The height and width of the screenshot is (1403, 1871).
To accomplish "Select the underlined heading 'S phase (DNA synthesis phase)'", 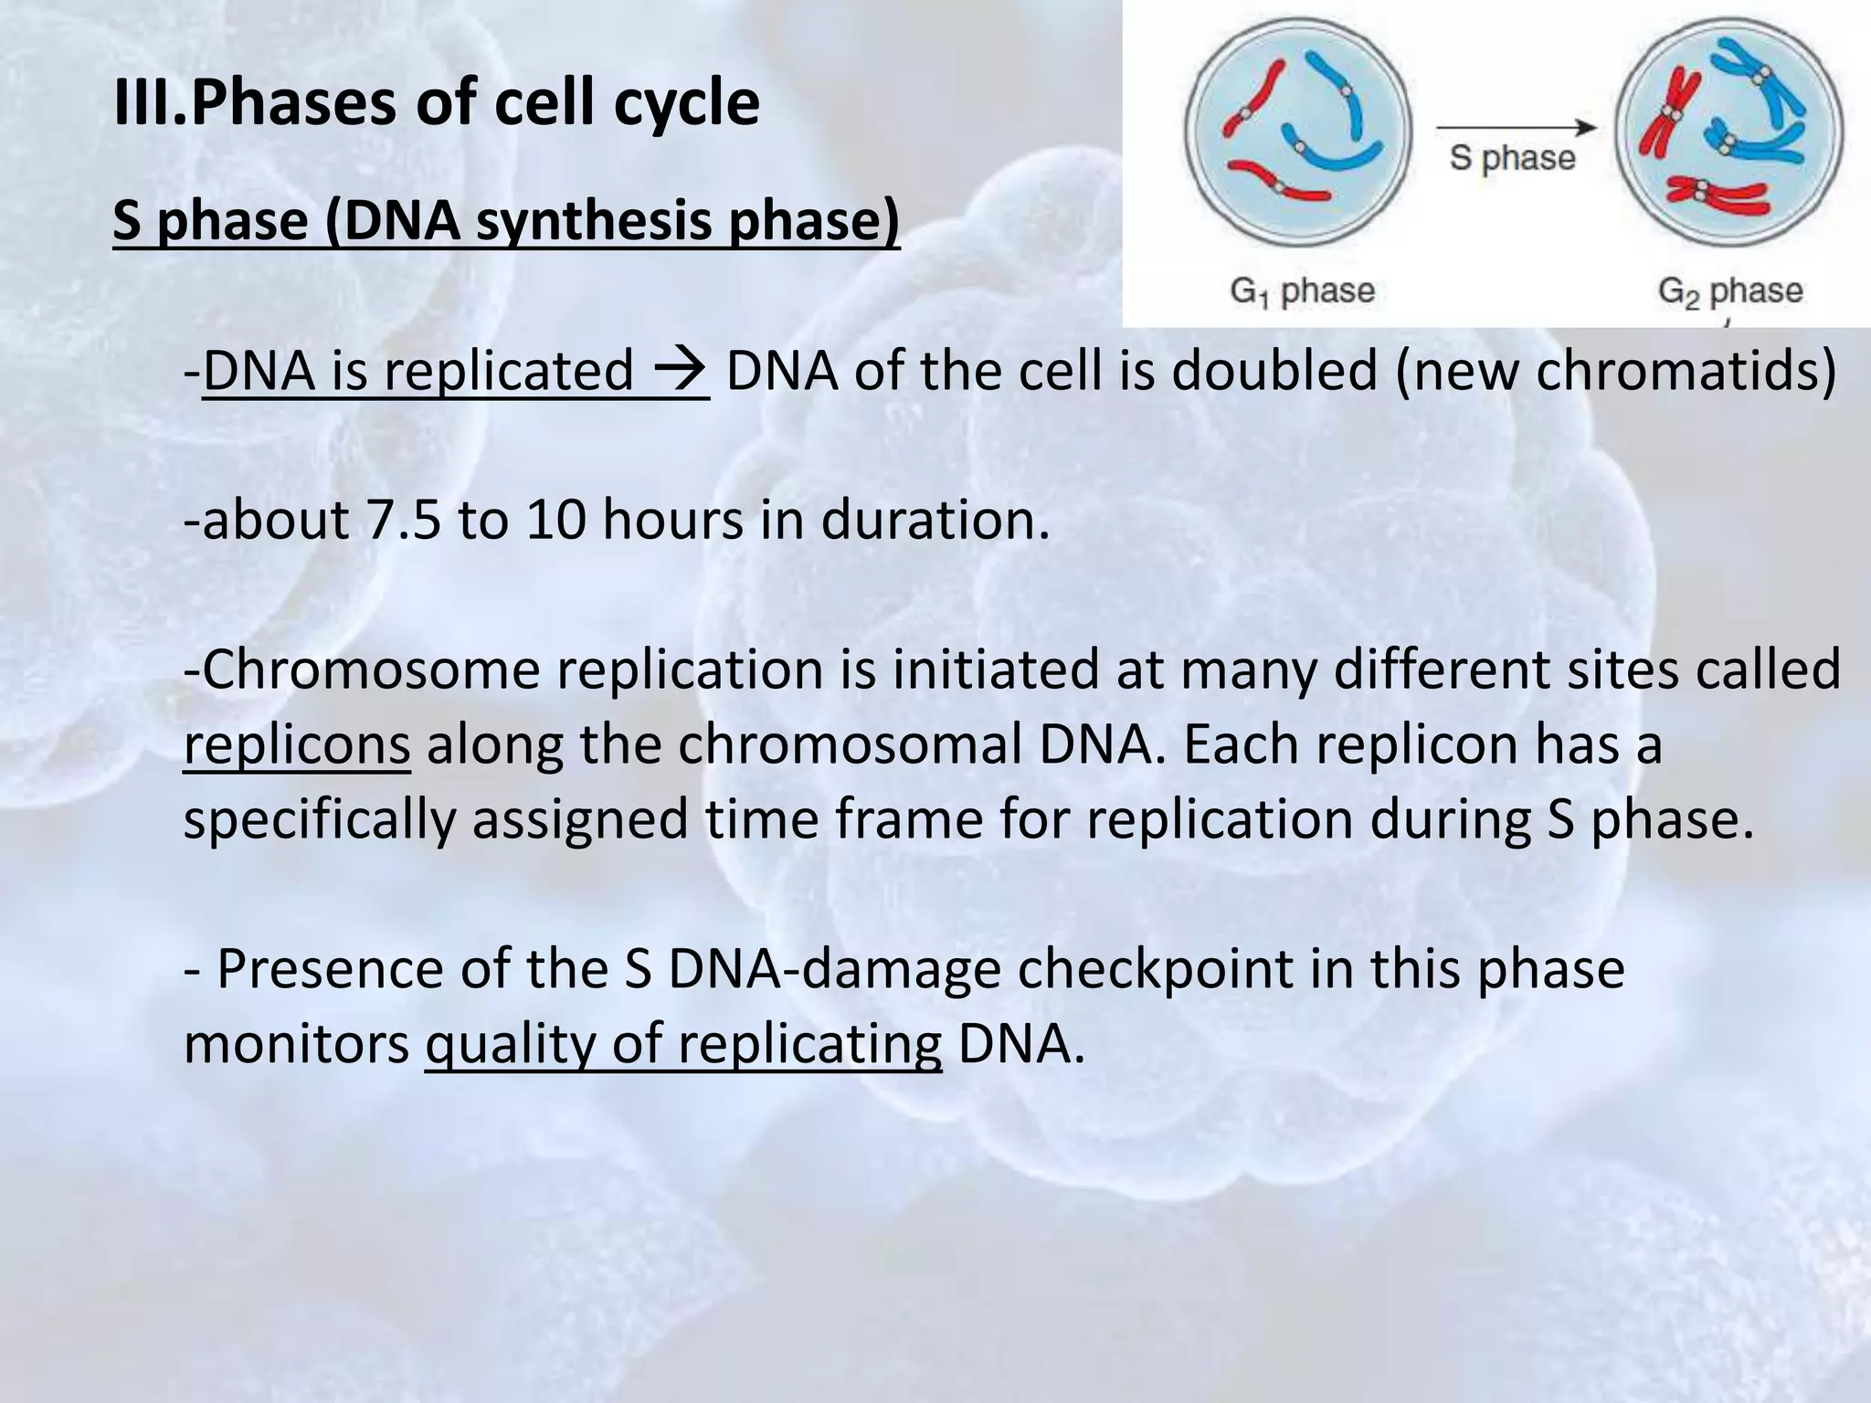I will point(506,221).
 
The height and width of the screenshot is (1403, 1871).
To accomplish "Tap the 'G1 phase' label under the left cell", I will point(1302,292).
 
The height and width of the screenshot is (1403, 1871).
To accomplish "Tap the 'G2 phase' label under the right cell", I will point(1730,292).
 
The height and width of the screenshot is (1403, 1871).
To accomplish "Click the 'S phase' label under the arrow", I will point(1512,158).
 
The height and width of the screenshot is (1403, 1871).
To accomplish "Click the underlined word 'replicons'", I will point(297,744).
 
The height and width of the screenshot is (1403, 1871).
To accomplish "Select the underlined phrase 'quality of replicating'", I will point(682,1044).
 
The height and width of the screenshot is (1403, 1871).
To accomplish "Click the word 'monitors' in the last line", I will point(297,1044).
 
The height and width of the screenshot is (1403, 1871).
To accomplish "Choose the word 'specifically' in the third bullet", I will point(319,819).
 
